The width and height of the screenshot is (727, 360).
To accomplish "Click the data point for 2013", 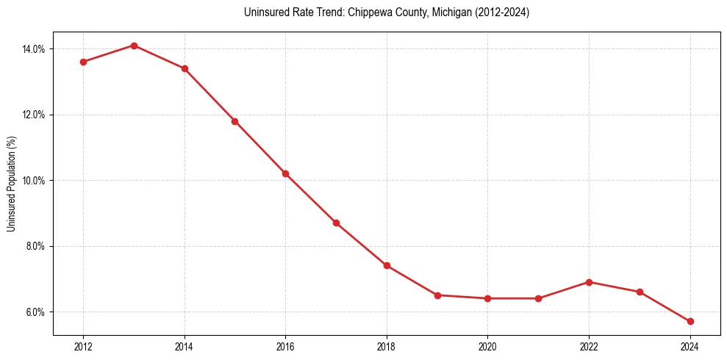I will [x=134, y=46].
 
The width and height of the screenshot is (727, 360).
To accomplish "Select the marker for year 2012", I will [x=83, y=62].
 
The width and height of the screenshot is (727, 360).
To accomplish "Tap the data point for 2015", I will [x=234, y=121].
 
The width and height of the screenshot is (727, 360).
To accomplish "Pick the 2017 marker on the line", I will [x=336, y=223].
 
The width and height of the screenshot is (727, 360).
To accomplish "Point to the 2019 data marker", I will [x=437, y=295].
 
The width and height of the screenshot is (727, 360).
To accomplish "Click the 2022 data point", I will [x=589, y=282].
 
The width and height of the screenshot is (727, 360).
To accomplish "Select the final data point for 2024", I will [x=690, y=321].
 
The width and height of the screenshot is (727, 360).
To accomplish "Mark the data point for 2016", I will [x=285, y=173].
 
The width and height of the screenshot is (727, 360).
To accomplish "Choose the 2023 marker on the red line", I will [x=640, y=292].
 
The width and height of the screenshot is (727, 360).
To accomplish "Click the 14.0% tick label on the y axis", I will [x=35, y=49].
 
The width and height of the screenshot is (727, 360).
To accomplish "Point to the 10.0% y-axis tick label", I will [x=35, y=181].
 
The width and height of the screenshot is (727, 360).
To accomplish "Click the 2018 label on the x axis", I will [x=387, y=347].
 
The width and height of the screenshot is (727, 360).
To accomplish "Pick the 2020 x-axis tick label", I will [x=487, y=347].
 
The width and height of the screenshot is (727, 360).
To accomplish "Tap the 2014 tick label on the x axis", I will [x=185, y=347].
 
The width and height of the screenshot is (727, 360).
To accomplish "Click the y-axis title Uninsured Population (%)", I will [x=11, y=184].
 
